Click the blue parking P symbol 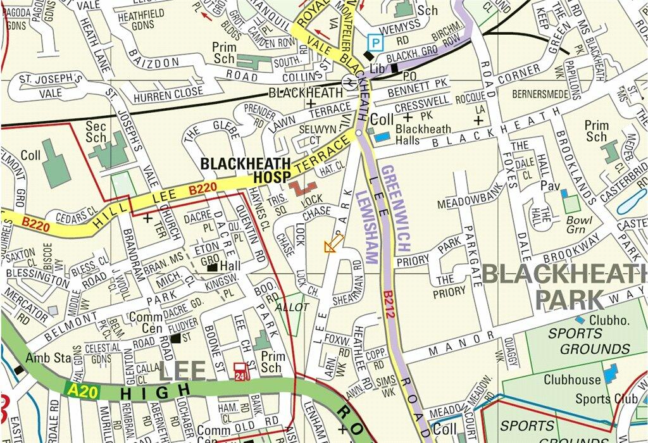376,43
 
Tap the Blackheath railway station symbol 347,82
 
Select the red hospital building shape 303,188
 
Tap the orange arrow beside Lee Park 334,242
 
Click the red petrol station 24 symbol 240,371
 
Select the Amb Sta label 48,358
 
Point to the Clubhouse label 572,380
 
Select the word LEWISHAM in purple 366,227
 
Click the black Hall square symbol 212,268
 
